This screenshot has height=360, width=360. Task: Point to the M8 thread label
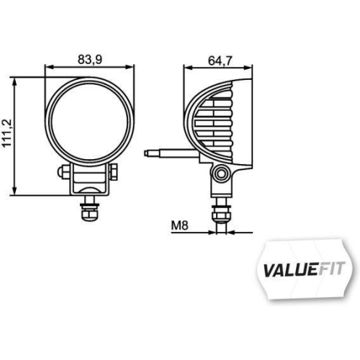click(x=180, y=225)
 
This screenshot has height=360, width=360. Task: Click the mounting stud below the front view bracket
click(x=90, y=214)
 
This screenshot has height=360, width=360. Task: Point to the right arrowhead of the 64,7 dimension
click(x=252, y=67)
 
